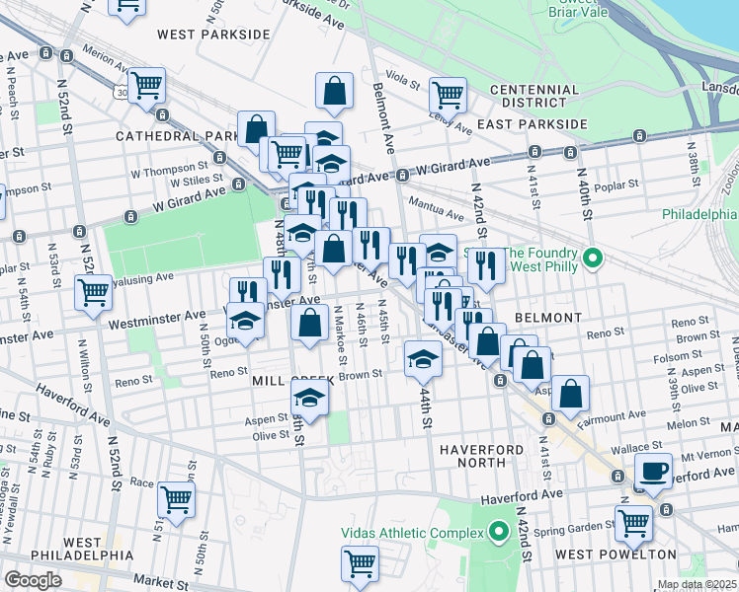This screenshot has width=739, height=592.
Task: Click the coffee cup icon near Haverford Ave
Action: coord(653,470)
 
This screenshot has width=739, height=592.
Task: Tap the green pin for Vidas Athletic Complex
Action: coord(499,533)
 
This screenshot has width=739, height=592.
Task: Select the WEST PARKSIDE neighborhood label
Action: coord(213,35)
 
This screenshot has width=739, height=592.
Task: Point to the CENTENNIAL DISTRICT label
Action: coord(534,97)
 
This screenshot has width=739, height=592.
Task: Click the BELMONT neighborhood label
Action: coord(547,318)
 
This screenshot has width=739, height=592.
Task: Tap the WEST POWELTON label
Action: coord(616,555)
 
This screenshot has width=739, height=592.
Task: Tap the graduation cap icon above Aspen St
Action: coord(309,399)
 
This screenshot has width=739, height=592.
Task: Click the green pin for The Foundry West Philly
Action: coord(593,259)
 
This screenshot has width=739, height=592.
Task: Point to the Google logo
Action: coord(33,580)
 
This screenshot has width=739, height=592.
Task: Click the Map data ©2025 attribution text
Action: coord(697,585)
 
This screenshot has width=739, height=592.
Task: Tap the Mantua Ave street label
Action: coord(440,213)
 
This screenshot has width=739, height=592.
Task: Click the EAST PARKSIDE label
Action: coord(532,125)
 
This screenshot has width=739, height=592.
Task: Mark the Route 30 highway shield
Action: coord(121,92)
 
